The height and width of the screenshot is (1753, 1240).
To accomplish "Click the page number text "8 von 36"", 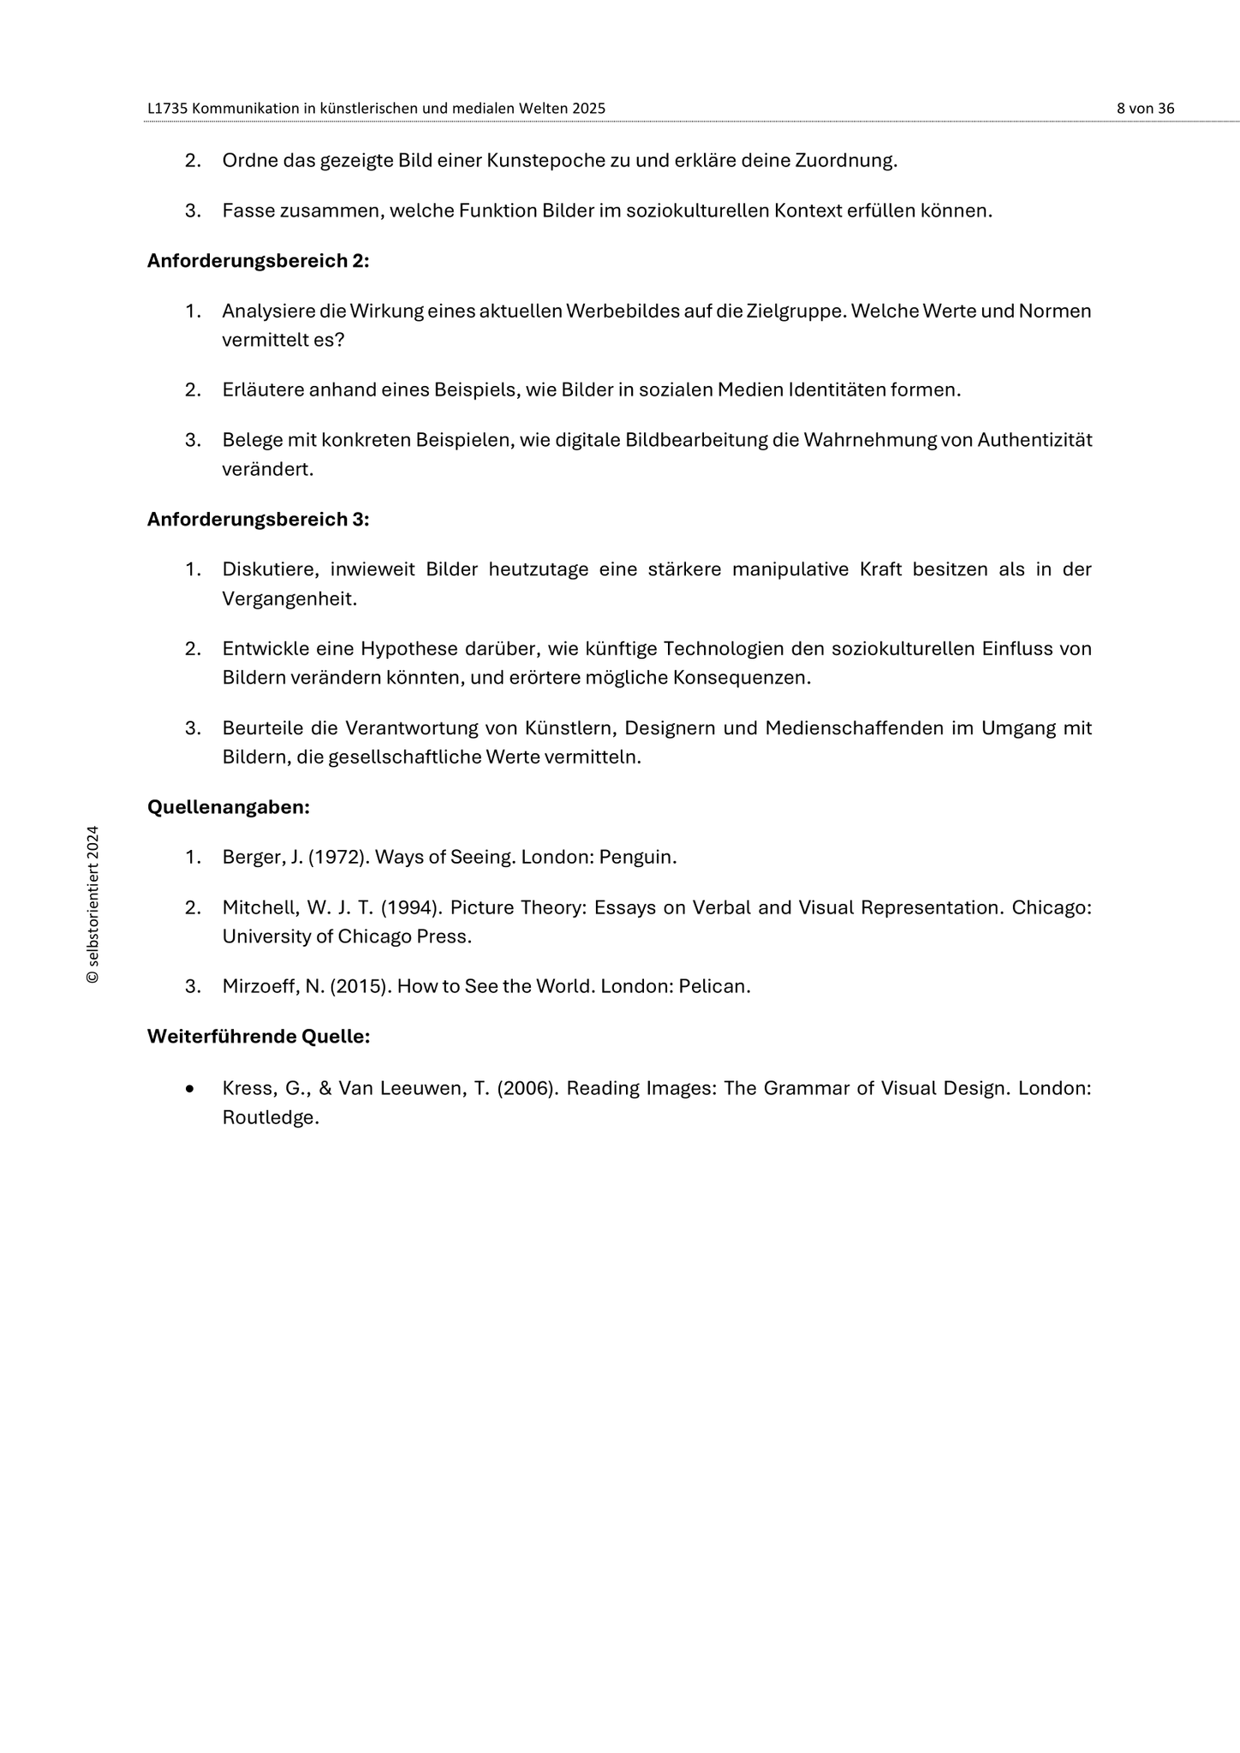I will (1145, 109).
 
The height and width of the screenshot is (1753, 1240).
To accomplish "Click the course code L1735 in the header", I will (168, 109).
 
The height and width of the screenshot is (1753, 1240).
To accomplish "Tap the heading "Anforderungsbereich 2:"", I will (258, 261).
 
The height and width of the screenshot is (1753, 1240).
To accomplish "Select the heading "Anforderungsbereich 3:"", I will (258, 520).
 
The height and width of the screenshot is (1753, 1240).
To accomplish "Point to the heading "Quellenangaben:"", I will (229, 807).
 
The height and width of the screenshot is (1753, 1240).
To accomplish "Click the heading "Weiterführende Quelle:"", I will (259, 1037).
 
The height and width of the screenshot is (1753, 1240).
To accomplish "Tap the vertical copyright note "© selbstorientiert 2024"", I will (93, 905).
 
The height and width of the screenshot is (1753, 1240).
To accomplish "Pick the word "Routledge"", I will (269, 1118).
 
